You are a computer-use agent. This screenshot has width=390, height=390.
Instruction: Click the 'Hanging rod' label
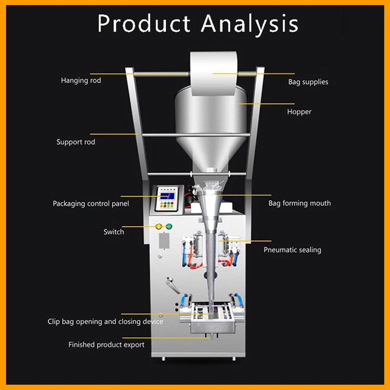click(81, 81)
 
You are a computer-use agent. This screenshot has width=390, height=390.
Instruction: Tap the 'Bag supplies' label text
click(308, 82)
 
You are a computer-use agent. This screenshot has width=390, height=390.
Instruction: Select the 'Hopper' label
click(299, 112)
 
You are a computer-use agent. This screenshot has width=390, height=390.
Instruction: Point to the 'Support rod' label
click(76, 142)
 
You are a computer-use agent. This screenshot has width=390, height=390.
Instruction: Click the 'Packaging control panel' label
click(91, 204)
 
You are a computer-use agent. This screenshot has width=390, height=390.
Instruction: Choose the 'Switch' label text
click(114, 232)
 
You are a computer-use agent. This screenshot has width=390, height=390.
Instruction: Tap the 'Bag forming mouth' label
click(299, 203)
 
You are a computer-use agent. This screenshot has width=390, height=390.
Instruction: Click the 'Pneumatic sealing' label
click(292, 250)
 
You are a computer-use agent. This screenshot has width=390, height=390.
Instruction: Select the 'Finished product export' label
click(106, 345)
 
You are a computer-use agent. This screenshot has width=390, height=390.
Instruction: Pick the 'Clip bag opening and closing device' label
click(105, 321)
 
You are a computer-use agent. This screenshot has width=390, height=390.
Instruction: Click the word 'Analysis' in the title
click(249, 24)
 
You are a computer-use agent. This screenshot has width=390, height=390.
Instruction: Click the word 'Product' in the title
click(144, 24)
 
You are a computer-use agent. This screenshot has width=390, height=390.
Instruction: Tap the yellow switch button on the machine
click(159, 226)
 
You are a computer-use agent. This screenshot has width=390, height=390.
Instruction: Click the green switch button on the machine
click(169, 226)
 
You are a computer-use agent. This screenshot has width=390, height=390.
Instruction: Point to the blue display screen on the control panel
click(167, 196)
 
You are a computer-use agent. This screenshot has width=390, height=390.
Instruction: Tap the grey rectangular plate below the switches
click(164, 241)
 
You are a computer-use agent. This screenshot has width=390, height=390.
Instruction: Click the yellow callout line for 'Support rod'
click(114, 134)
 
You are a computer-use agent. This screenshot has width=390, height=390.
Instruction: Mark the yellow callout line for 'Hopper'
click(267, 104)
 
